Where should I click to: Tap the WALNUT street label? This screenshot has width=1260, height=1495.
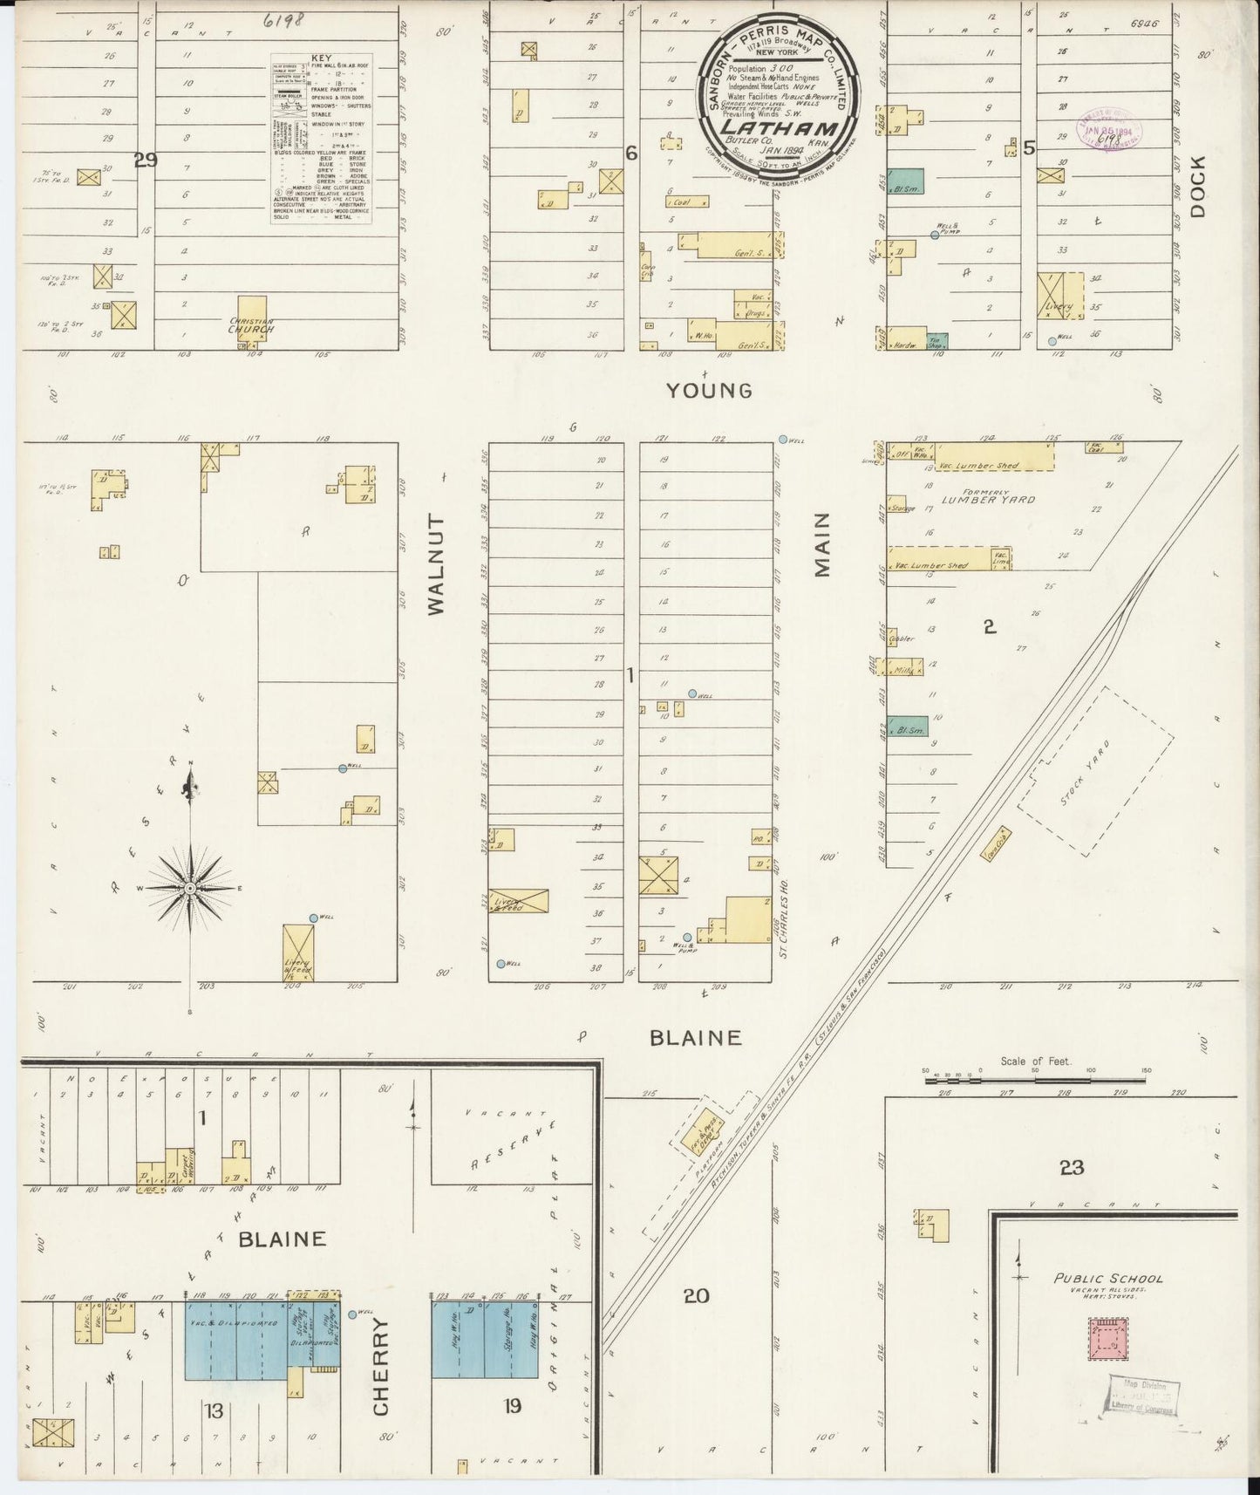point(436,565)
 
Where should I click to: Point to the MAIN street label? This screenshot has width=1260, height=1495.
point(821,546)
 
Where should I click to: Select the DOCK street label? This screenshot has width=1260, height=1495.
point(1196,186)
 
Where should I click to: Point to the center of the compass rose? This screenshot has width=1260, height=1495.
point(189,887)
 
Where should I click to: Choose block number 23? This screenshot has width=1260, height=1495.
point(1071,1167)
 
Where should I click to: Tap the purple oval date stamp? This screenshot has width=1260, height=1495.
point(1110,128)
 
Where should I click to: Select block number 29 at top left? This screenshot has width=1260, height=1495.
point(146,159)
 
